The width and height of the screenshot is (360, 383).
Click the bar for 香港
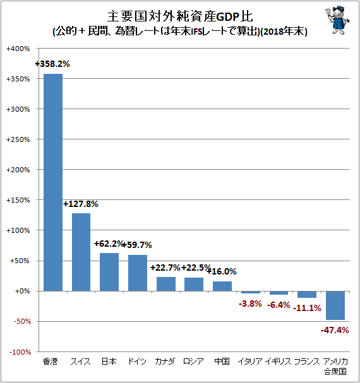coord(53,182)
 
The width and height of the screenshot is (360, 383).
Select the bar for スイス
coord(81,252)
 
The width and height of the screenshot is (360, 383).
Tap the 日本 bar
coord(109,272)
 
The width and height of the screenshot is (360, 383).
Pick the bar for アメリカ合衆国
coord(335,305)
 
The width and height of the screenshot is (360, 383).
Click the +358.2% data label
coord(52,64)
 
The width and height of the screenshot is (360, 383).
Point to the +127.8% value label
coord(81,204)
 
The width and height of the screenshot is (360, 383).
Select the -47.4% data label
coord(335,330)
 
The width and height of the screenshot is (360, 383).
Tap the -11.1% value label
coord(307,308)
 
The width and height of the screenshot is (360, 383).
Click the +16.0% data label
coord(222,271)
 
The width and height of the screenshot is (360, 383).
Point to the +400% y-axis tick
coord(18,49)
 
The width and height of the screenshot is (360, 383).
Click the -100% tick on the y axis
coord(20,352)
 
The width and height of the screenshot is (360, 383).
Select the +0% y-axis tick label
coord(22,291)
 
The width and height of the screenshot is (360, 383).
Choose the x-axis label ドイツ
coord(137,362)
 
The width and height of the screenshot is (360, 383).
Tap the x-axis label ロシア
coord(193,362)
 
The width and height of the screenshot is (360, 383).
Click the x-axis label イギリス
coord(279,362)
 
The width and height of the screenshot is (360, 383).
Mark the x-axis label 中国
coord(222,362)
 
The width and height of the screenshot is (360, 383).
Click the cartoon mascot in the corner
coord(337,20)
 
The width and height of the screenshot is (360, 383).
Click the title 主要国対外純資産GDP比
coord(180,16)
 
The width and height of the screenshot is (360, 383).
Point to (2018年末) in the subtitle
coord(284,32)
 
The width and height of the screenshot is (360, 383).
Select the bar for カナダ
coord(166,284)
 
